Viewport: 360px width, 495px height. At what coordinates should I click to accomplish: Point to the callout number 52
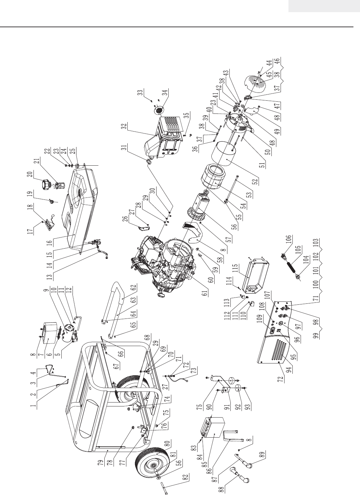pos(256,181)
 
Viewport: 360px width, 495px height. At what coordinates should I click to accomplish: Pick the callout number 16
pos(50,242)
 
